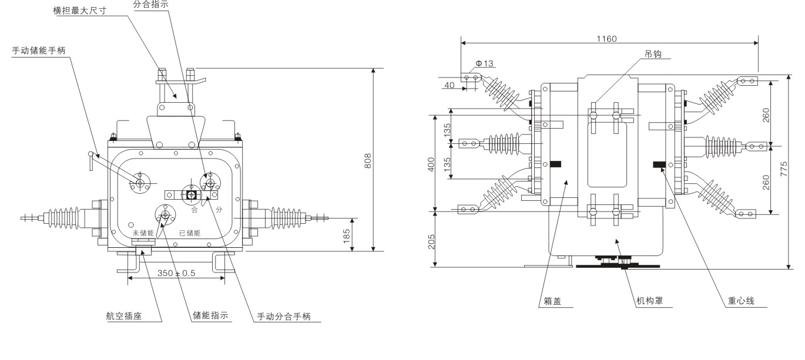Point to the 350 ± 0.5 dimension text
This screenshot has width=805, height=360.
176,273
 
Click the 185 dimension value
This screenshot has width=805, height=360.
347,235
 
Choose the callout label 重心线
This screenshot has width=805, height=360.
741,301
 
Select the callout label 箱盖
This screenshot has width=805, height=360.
549,301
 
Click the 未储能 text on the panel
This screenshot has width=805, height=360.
143,233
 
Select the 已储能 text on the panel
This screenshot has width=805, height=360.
189,233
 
